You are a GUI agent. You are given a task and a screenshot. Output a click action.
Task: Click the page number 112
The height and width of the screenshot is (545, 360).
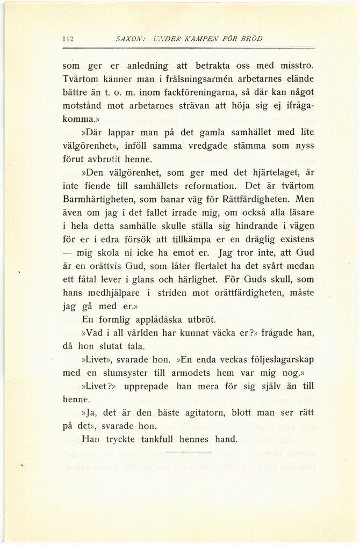(68, 38)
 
